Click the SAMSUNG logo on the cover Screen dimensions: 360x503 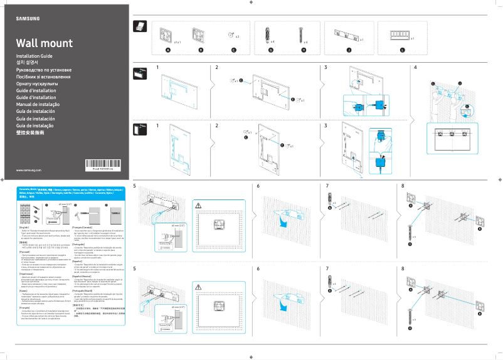[28, 18]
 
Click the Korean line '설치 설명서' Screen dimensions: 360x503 [28, 63]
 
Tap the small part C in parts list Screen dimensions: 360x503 [231, 34]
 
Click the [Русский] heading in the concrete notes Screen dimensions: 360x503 [24, 251]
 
